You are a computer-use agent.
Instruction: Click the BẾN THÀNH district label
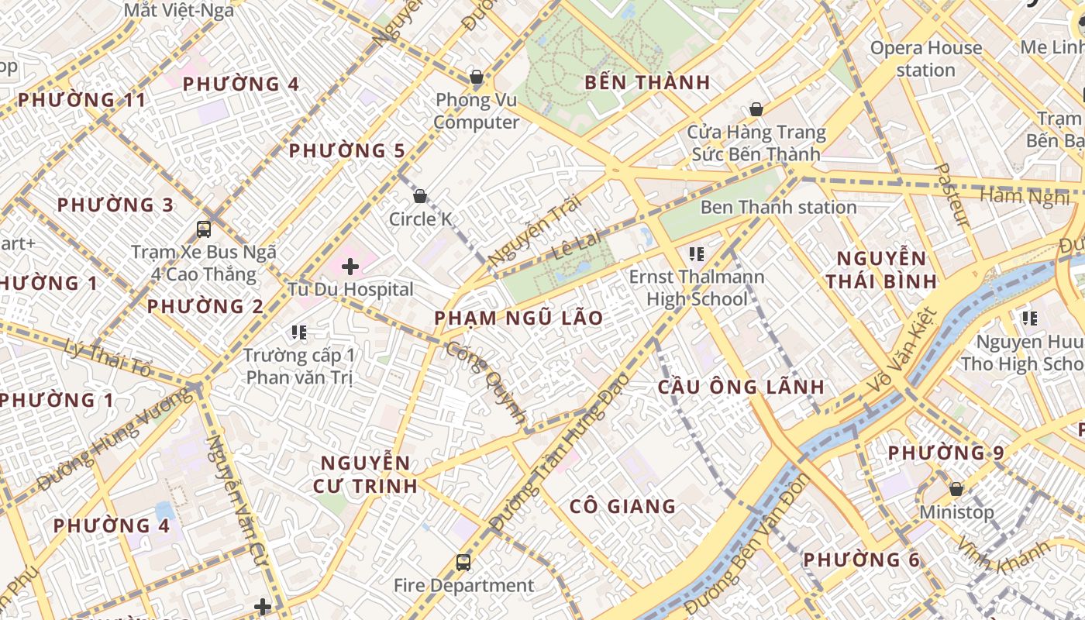[x=647, y=82]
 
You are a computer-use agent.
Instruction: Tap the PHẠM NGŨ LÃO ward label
[x=518, y=318]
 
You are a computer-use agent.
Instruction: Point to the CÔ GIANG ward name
[x=622, y=506]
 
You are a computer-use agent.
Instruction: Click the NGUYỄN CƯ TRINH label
[x=365, y=474]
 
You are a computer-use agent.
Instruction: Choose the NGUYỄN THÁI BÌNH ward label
[x=881, y=269]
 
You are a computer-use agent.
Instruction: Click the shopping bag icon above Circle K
[x=420, y=196]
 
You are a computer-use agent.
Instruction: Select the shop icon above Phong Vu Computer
[x=476, y=77]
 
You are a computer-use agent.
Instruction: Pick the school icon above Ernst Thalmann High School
[x=696, y=253]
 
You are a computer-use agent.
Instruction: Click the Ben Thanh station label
[x=778, y=207]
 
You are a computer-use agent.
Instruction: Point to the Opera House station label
[x=925, y=59]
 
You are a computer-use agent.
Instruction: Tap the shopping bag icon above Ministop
[x=956, y=489]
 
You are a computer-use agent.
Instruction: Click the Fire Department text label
[x=463, y=585]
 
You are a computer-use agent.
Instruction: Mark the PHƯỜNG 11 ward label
[x=81, y=100]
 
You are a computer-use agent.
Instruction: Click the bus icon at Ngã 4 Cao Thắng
[x=204, y=229]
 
